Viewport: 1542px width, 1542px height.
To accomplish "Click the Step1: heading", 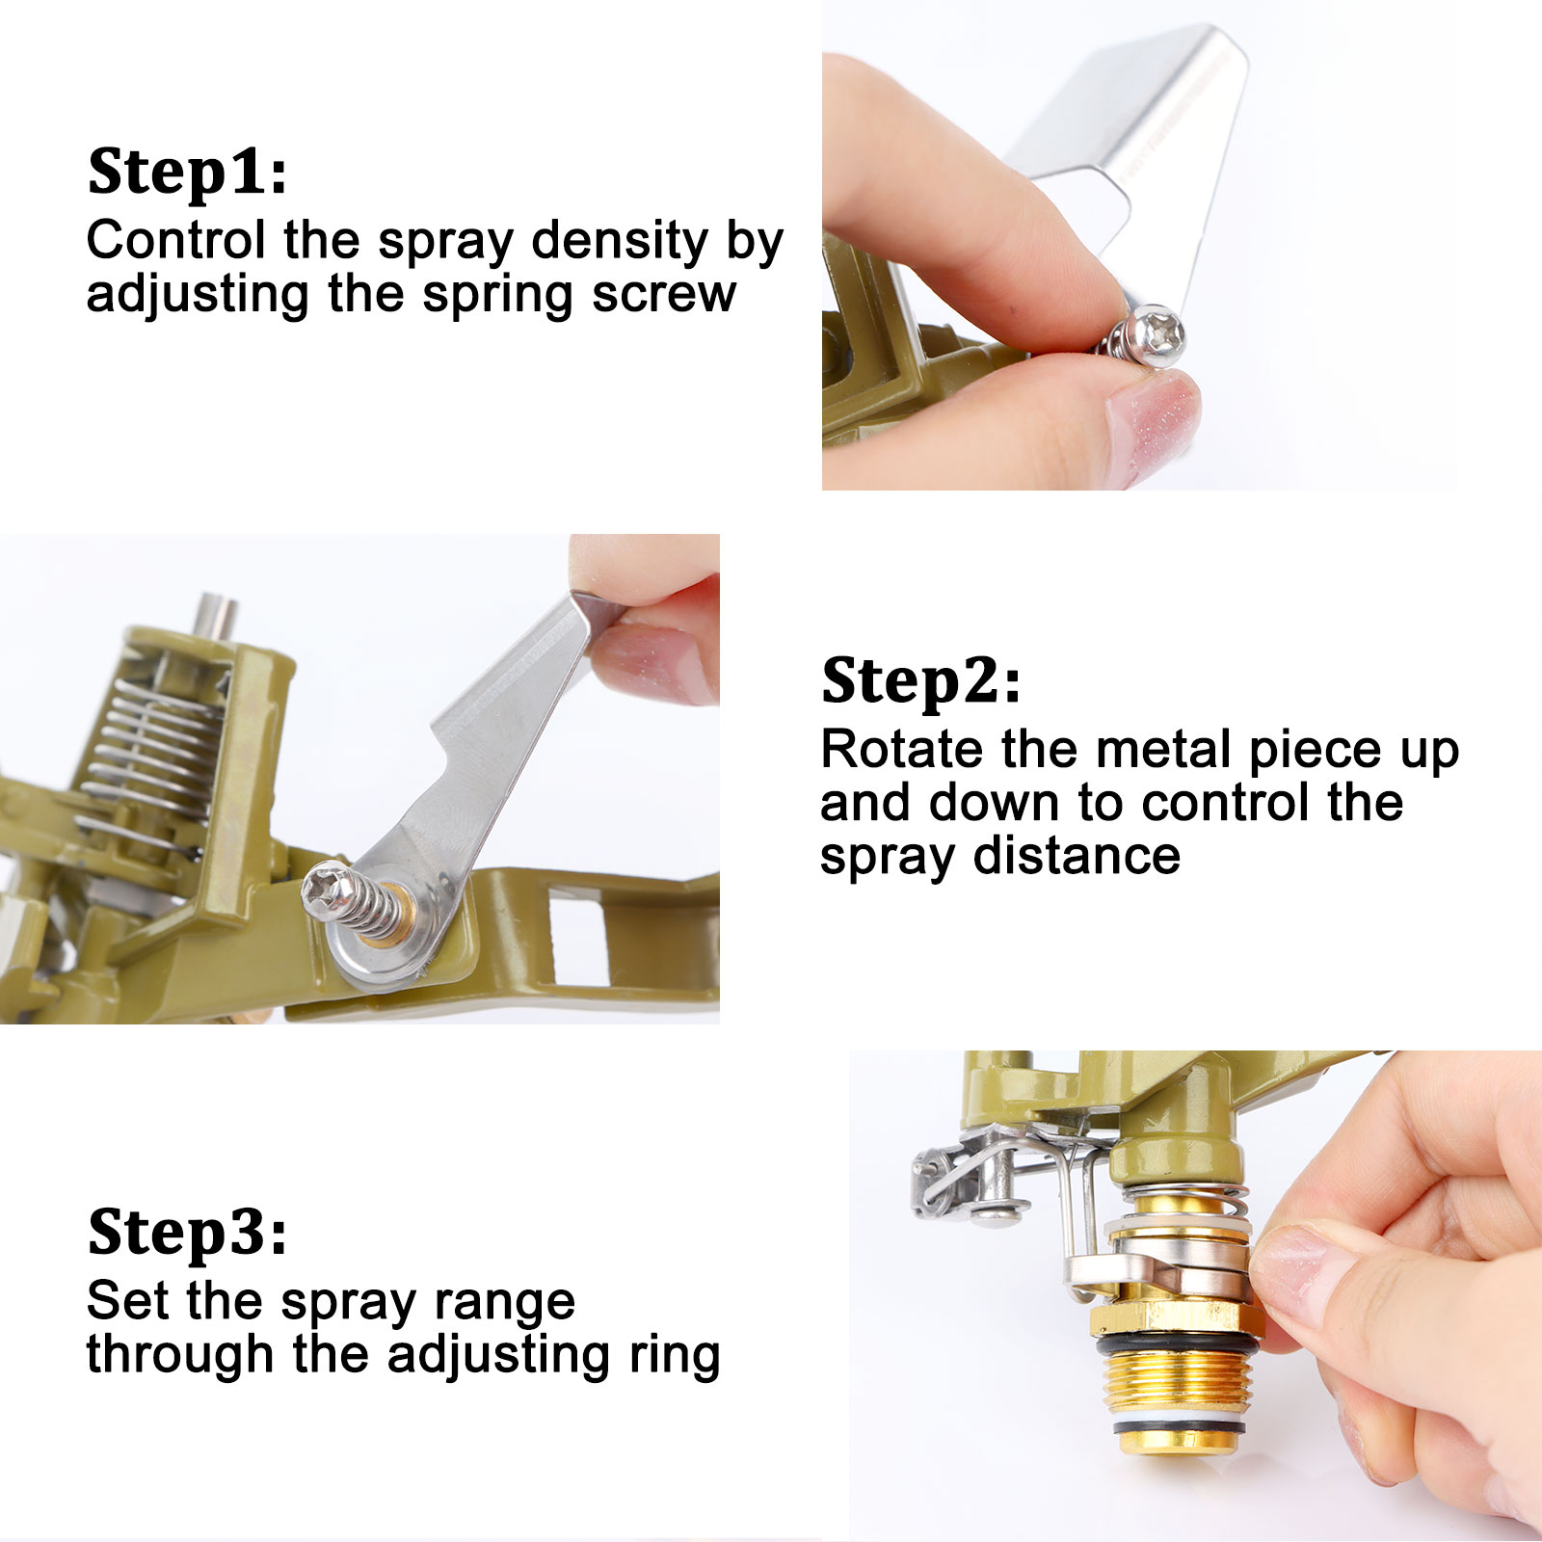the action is click(x=187, y=173).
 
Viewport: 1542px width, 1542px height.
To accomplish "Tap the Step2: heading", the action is click(x=920, y=681).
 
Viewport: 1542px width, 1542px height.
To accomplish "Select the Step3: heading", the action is click(x=187, y=1232).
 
